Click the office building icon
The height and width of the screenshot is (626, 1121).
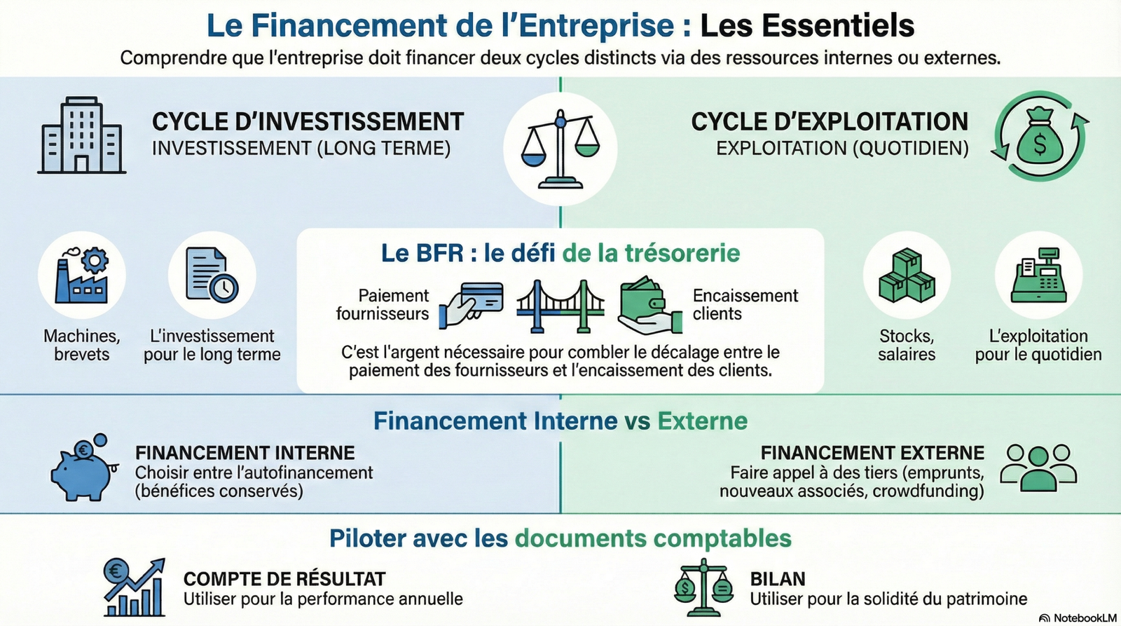click(x=81, y=136)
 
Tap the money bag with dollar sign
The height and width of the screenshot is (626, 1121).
click(x=1040, y=136)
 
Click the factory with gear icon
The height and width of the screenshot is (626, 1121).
click(x=82, y=275)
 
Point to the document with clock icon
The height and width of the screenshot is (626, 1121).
click(x=212, y=275)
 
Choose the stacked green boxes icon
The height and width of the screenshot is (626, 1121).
click(x=907, y=275)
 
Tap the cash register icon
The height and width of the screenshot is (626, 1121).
click(x=1038, y=275)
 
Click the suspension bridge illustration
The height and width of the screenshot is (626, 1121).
click(x=560, y=306)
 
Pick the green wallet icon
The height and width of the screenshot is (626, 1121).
click(x=648, y=304)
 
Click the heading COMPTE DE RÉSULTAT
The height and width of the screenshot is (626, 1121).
click(x=284, y=579)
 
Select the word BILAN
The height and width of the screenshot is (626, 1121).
click(x=778, y=579)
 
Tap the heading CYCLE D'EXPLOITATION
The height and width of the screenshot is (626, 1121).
click(x=830, y=122)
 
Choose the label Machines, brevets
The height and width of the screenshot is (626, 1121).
click(x=82, y=345)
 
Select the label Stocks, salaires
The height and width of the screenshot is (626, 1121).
click(x=907, y=345)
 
